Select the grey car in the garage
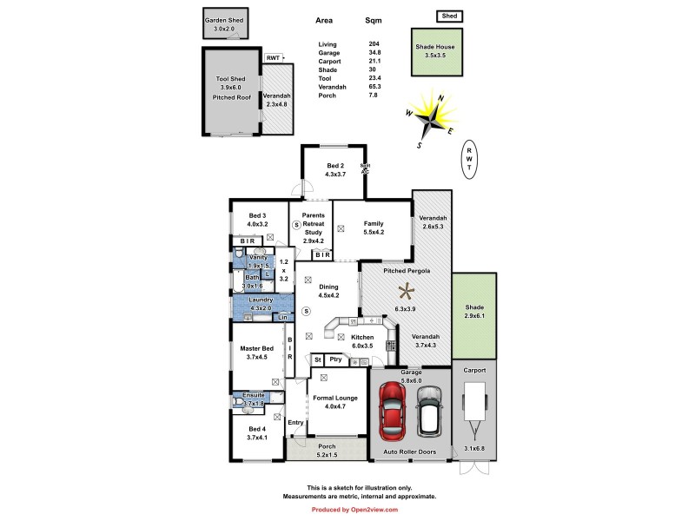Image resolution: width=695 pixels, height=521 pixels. (429, 411)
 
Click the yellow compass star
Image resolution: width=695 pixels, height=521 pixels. (431, 115)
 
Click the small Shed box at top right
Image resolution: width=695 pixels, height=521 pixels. (448, 16)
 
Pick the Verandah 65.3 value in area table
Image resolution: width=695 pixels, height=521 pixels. (375, 87)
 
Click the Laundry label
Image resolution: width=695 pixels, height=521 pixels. (261, 300)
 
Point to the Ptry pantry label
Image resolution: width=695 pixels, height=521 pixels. (335, 359)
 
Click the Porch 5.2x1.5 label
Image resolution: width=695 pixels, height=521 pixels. (326, 451)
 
